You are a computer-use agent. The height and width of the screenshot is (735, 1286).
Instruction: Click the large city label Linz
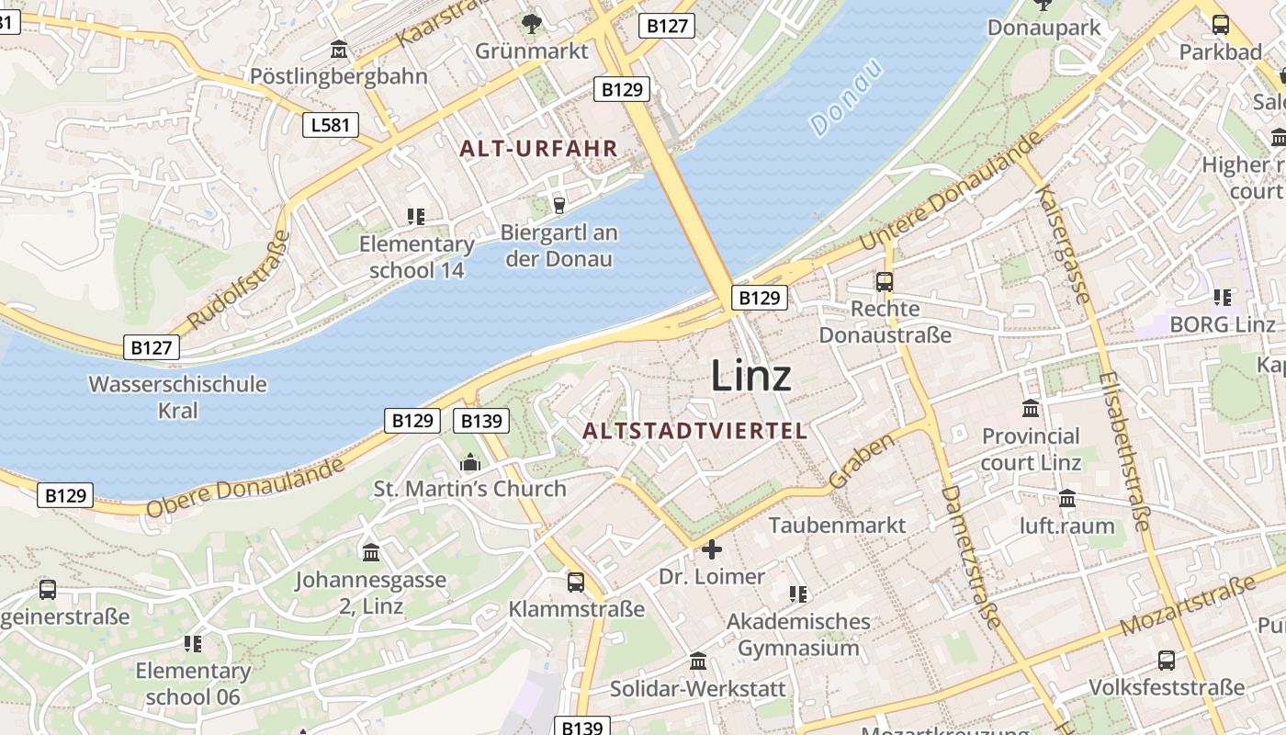pyautogui.click(x=750, y=376)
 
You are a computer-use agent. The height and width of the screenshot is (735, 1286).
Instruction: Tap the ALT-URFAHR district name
pyautogui.click(x=538, y=148)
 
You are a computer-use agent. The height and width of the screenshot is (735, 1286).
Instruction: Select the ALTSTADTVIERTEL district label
pyautogui.click(x=695, y=430)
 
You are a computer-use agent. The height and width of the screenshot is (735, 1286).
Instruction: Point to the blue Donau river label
pyautogui.click(x=846, y=98)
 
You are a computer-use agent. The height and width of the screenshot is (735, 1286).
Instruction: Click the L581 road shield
pyautogui.click(x=331, y=124)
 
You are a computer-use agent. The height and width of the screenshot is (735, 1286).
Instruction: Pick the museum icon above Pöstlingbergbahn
pyautogui.click(x=339, y=50)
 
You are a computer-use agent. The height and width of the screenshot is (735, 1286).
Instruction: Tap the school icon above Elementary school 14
pyautogui.click(x=416, y=217)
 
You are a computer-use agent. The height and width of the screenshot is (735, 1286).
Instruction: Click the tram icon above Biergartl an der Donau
pyautogui.click(x=558, y=205)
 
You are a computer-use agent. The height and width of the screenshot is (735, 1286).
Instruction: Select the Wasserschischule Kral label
pyautogui.click(x=177, y=396)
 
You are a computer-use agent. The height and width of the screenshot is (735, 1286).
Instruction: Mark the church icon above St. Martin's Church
pyautogui.click(x=470, y=462)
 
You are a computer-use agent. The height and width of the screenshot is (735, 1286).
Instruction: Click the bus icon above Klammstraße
pyautogui.click(x=576, y=582)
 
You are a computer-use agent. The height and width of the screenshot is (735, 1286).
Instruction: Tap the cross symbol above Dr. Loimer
pyautogui.click(x=711, y=549)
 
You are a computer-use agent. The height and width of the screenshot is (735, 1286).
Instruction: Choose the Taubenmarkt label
pyautogui.click(x=837, y=525)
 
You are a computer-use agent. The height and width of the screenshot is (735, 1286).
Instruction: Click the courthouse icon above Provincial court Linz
pyautogui.click(x=1031, y=408)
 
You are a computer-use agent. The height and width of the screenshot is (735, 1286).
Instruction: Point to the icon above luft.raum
pyautogui.click(x=1067, y=499)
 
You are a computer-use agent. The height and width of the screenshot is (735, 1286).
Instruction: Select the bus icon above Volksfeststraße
pyautogui.click(x=1166, y=660)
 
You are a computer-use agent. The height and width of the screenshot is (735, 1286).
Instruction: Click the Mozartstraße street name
pyautogui.click(x=1188, y=606)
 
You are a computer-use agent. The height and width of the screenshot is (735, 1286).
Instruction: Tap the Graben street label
pyautogui.click(x=862, y=461)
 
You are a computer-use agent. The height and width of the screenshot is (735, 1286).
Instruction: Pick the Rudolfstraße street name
pyautogui.click(x=238, y=281)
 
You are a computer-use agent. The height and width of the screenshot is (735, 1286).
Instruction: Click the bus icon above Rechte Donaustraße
pyautogui.click(x=885, y=282)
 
